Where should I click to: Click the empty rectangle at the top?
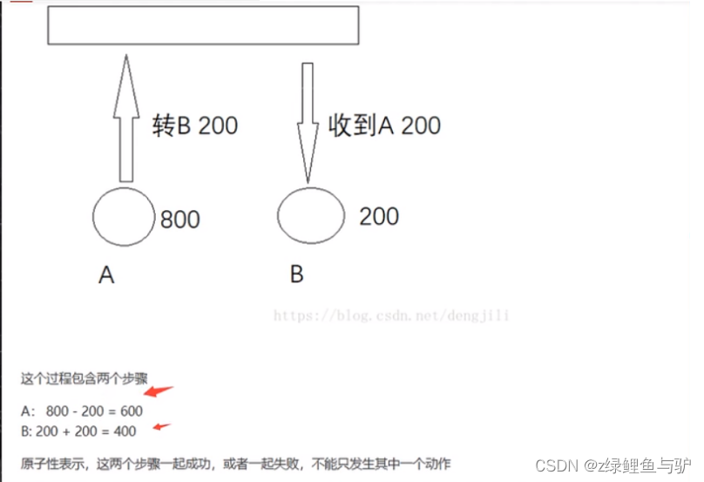pos(203,25)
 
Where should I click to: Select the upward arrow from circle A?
pos(126,118)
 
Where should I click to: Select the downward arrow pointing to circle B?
pos(308,122)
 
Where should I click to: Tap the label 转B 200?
pos(195,126)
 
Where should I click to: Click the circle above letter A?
pos(124,216)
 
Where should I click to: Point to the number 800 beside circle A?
pos(180,219)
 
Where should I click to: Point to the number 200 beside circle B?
pos(379,215)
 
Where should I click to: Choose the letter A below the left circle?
pos(106,276)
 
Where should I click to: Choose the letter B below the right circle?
pos(297,275)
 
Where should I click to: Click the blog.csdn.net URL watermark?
pos(391,316)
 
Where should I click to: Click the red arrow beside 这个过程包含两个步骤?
pos(159,393)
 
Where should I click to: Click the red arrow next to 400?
pos(161,426)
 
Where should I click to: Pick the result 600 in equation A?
pos(131,411)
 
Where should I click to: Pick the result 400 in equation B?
pos(124,430)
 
